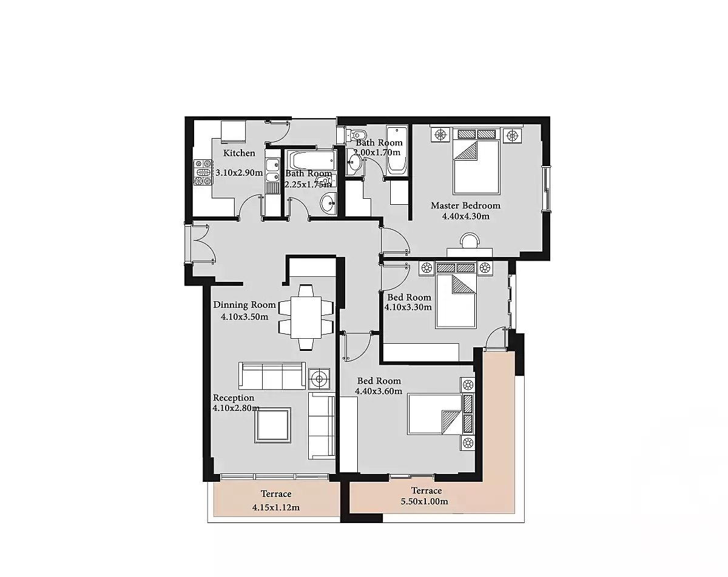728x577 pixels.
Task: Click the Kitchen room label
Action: point(239,153)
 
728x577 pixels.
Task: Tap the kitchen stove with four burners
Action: point(203,172)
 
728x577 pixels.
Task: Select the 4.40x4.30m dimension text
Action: point(466,216)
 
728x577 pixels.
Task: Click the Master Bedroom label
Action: point(465,205)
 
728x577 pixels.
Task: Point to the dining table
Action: point(306,317)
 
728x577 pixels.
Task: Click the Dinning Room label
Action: point(244,305)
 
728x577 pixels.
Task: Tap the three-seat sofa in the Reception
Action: point(272,376)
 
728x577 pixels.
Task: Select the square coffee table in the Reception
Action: point(272,425)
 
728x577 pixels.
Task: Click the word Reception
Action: point(234,398)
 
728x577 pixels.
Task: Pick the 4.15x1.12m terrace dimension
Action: point(276,507)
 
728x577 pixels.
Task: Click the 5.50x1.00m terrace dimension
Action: point(425,501)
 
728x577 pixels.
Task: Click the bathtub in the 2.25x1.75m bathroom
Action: point(311,160)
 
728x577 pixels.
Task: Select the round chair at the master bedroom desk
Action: point(470,239)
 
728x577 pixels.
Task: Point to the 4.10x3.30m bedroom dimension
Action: point(408,307)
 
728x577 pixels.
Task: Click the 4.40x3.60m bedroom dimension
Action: point(379,391)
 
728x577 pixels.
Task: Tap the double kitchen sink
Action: point(272,171)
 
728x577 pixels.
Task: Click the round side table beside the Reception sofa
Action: point(319,379)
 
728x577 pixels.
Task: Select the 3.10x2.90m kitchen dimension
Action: point(239,173)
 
